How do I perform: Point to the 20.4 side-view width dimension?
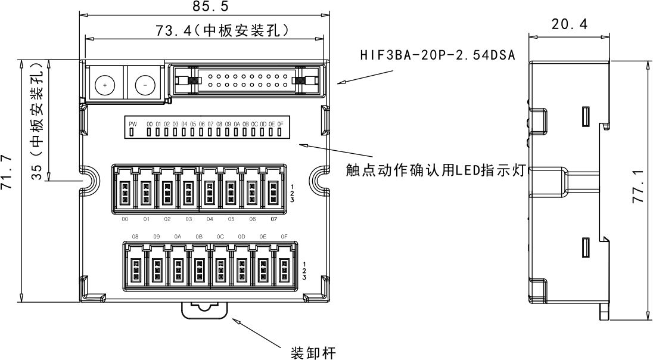click(570, 24)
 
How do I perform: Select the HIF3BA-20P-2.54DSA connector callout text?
click(437, 55)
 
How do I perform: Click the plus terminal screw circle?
click(105, 85)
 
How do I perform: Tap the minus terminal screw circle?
click(145, 85)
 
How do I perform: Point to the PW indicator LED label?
click(133, 123)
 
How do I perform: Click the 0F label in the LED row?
click(281, 123)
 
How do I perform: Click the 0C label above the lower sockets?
click(220, 237)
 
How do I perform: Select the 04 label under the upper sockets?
click(210, 219)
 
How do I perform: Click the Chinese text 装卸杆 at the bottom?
click(313, 352)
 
